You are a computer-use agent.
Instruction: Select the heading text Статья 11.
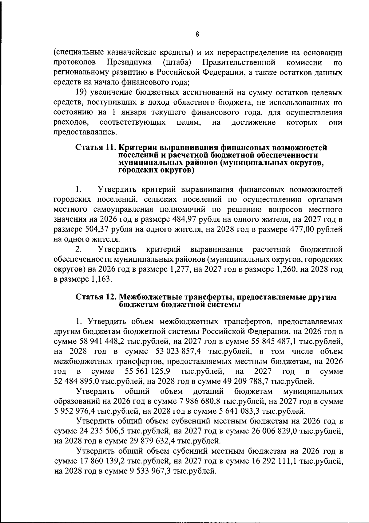pos(95,147)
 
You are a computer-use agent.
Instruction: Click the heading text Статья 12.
pos(95,297)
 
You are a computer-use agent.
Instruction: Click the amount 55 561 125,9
pos(148,372)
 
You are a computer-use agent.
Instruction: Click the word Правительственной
pos(239,63)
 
